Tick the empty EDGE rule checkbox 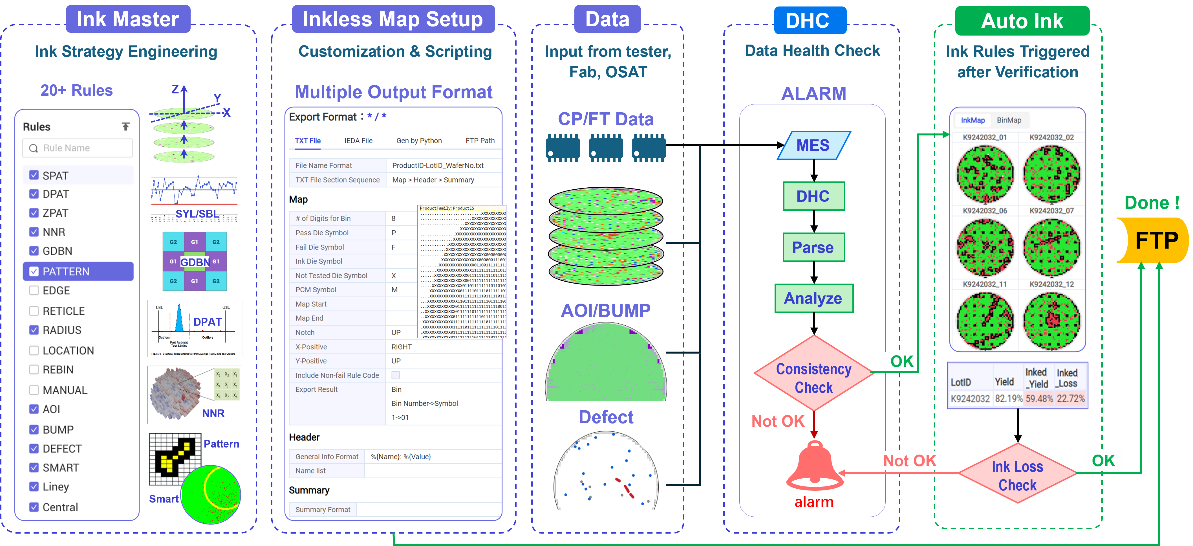(34, 291)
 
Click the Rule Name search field (78, 148)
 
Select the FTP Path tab (480, 141)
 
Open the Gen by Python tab (419, 141)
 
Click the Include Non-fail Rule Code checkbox (396, 375)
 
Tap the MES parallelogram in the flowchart (813, 145)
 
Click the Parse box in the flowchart (813, 247)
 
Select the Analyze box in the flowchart (813, 298)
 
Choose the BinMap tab (1009, 120)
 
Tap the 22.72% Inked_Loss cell (1070, 399)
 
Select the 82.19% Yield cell (1008, 399)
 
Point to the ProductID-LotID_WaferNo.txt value (438, 165)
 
